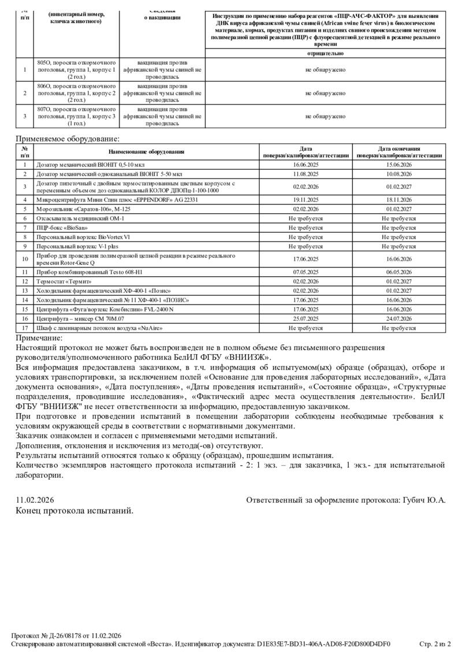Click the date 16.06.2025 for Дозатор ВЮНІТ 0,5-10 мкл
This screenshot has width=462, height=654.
pos(305,165)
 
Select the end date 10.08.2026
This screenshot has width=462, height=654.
pos(398,173)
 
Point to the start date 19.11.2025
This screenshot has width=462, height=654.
pos(305,199)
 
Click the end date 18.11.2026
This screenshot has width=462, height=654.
pos(398,199)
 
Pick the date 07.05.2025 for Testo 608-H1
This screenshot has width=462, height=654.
pos(305,272)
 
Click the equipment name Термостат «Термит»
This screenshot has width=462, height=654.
pos(64,281)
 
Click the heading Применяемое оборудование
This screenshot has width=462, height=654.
pos(68,139)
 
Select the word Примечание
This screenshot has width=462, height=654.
pos(39,338)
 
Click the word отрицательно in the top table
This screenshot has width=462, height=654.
pos(326,53)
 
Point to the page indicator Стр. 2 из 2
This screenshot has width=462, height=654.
pos(434,644)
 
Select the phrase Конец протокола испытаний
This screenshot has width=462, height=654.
pos(74,511)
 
